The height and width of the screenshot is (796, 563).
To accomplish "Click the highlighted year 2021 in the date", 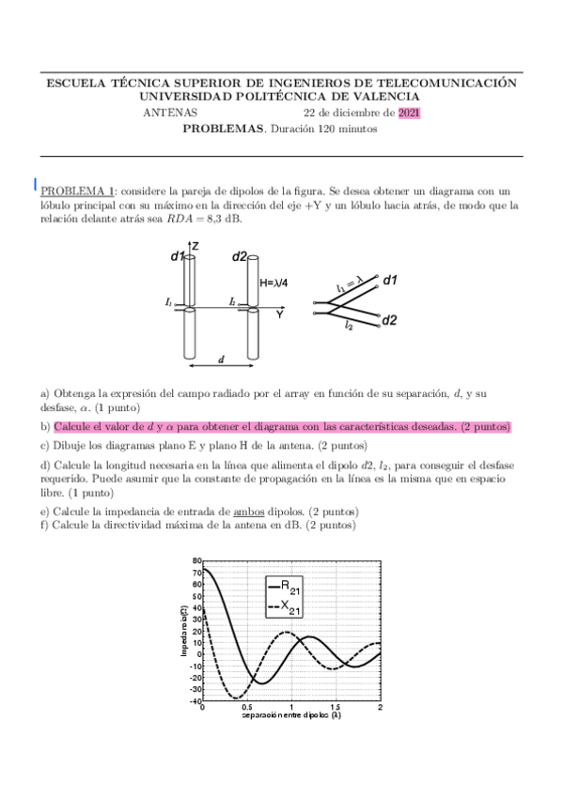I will point(409,114).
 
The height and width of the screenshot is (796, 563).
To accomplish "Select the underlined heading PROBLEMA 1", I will point(78,191).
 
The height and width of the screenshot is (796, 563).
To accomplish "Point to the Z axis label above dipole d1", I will point(195,246).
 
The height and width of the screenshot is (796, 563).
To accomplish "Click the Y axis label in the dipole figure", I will point(279,315).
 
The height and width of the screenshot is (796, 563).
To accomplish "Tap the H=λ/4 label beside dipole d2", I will point(274,281).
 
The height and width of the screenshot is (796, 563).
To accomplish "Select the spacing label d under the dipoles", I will point(221,359).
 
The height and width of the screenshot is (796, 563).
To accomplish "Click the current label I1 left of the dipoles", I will point(167,302).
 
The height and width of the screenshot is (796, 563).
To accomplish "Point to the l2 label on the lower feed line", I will point(349,325).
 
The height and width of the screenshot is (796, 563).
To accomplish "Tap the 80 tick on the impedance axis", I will point(196,560).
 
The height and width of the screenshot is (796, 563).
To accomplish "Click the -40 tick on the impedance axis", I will point(195,700).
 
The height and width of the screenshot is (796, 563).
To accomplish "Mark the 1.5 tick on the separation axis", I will point(336,707).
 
